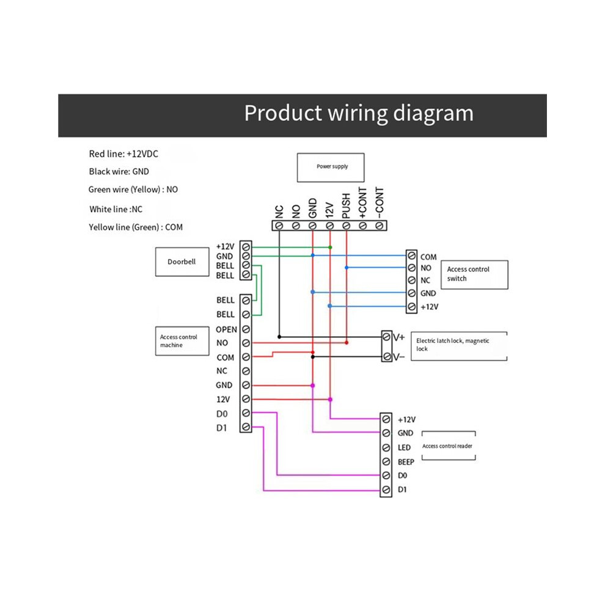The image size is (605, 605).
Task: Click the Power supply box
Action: (331, 167)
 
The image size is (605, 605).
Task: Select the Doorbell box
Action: (182, 262)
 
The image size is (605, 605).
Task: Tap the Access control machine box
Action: (182, 341)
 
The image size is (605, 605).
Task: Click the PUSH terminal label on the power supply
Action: (346, 206)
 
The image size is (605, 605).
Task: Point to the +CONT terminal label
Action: (362, 203)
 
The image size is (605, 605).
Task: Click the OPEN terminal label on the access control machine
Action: (226, 329)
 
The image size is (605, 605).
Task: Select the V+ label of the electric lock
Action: (399, 337)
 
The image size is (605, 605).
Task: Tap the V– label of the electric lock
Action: (399, 357)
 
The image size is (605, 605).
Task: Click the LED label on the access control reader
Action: (404, 447)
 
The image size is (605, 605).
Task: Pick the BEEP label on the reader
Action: (406, 462)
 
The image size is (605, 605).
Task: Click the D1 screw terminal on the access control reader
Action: (386, 490)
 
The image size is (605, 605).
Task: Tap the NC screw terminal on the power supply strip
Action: (279, 226)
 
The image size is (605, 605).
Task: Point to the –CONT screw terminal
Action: (380, 226)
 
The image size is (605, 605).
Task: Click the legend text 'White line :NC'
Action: (116, 209)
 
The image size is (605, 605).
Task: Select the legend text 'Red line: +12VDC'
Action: (123, 154)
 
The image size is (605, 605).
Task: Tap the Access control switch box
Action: (474, 275)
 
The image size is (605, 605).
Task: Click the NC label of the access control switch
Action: (425, 280)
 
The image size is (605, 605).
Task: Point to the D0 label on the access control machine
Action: (222, 414)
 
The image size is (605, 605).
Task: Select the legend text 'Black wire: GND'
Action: (119, 172)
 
